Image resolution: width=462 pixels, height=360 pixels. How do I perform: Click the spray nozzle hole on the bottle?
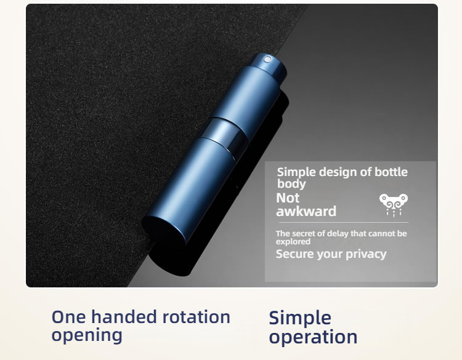click(x=267, y=60)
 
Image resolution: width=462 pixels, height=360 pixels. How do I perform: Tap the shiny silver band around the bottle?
click(x=224, y=134)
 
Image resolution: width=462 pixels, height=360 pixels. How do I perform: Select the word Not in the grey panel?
click(x=288, y=198)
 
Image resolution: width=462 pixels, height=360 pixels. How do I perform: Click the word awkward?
click(x=306, y=211)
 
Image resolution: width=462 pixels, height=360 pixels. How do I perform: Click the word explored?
click(x=293, y=242)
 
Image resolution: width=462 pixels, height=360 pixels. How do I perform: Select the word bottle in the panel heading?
click(x=391, y=172)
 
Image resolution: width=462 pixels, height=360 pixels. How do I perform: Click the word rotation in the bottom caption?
click(x=197, y=317)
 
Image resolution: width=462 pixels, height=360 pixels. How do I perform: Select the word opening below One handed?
click(x=87, y=335)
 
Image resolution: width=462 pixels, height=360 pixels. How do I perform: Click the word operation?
click(x=313, y=337)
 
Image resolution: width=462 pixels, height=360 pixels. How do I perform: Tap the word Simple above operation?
click(x=300, y=318)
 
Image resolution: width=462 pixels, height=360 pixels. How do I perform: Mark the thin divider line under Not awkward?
click(x=344, y=223)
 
